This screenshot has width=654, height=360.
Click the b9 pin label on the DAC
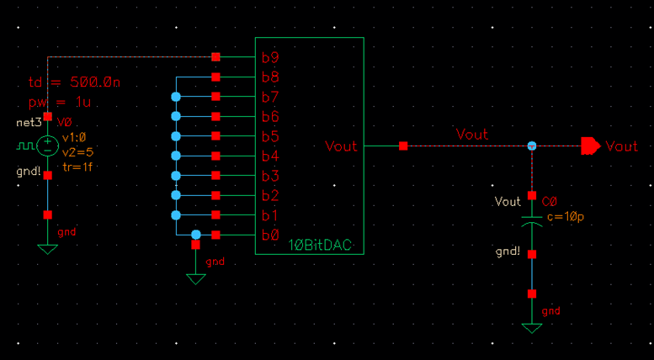point(271,58)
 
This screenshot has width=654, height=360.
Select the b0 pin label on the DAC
point(271,236)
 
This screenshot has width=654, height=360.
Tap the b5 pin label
point(271,137)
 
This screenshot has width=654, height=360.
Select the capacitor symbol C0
point(531,223)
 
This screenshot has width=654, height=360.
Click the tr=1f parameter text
point(77,167)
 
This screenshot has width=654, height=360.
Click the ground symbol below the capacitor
point(531,327)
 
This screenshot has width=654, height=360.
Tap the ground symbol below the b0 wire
point(196,278)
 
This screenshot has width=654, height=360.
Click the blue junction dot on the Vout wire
point(532,146)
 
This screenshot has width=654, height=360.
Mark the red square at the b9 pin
point(216,57)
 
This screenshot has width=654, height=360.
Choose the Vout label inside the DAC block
point(342,146)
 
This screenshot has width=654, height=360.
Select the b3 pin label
point(271,176)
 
